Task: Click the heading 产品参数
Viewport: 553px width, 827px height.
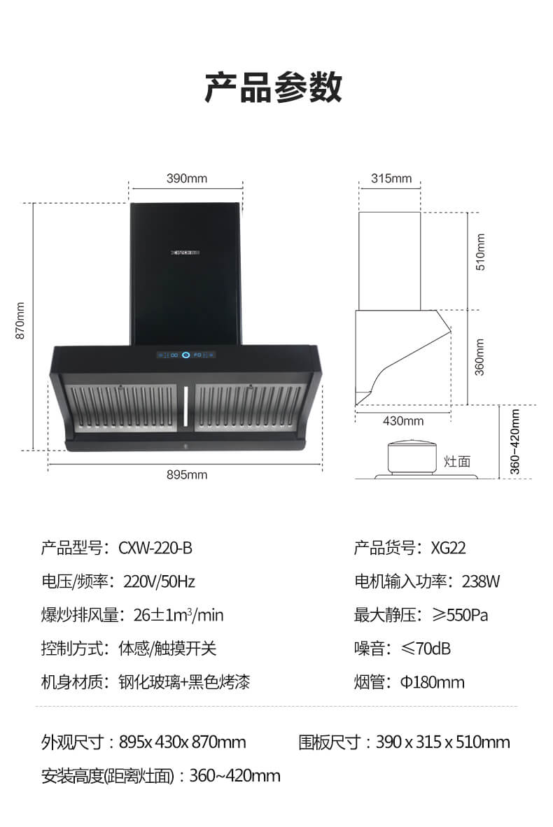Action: (273, 87)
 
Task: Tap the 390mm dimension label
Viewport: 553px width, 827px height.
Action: (187, 178)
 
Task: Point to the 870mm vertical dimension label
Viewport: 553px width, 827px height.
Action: (20, 320)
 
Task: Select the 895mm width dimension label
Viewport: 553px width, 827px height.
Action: (187, 474)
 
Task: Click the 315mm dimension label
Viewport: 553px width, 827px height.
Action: (391, 178)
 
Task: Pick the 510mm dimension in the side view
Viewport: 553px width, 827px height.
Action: (480, 252)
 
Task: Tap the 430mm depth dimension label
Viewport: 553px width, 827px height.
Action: (403, 421)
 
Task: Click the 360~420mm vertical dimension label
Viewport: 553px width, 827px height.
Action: (515, 442)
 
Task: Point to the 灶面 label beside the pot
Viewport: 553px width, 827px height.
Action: (457, 462)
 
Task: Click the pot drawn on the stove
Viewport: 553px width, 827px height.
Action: (412, 457)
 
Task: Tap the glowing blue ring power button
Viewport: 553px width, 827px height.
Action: (185, 355)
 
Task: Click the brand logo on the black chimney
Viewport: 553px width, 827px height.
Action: (185, 253)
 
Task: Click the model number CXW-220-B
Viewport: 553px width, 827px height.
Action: (155, 548)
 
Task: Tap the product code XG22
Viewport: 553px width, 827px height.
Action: (449, 548)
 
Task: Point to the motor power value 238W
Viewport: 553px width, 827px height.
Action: (481, 581)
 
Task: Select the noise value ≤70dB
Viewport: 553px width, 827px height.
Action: (426, 648)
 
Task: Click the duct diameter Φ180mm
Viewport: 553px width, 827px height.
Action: (432, 682)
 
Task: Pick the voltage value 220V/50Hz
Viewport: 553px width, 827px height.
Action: (160, 581)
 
